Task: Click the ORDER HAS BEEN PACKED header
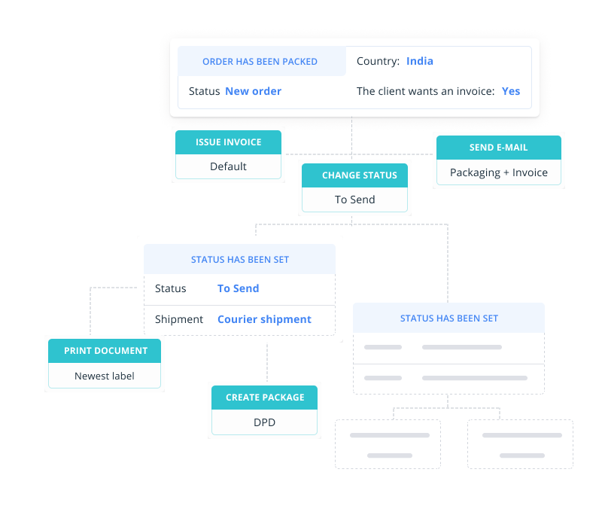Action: (260, 62)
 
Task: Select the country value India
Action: (420, 61)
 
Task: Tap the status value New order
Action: (253, 91)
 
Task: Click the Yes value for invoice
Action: (511, 91)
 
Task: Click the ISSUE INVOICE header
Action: (228, 142)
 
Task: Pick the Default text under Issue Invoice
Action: (228, 166)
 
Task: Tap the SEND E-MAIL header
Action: (498, 148)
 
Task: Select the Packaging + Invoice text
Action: (498, 172)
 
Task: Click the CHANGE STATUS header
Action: (354, 175)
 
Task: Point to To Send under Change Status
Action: (354, 200)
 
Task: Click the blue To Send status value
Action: (238, 288)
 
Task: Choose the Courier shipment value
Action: (264, 319)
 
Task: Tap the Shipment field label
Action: (179, 319)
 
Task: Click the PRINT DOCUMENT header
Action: (105, 351)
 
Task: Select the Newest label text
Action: (105, 376)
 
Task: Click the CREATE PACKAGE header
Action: (264, 398)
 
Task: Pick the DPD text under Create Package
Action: (264, 422)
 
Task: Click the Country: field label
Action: (377, 61)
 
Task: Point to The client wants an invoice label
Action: (425, 91)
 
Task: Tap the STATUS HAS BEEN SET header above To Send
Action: (239, 260)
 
